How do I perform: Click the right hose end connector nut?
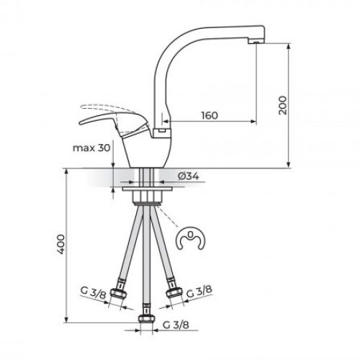pyautogui.click(x=173, y=292)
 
